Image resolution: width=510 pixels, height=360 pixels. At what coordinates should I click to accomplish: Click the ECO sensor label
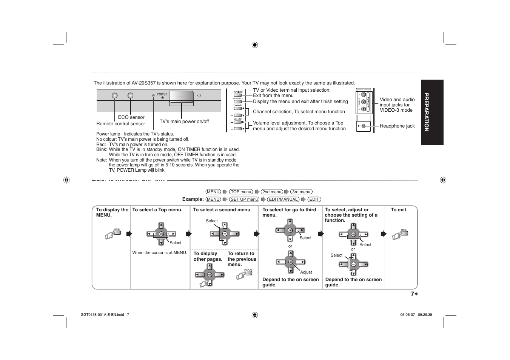tap(131, 117)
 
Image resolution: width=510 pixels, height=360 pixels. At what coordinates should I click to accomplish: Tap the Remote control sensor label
tap(120, 124)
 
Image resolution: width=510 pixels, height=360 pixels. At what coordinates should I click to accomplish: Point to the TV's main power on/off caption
tap(184, 122)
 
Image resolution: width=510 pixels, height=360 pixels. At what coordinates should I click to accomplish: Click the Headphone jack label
tap(397, 126)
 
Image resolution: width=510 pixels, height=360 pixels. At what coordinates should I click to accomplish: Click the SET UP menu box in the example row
tap(244, 200)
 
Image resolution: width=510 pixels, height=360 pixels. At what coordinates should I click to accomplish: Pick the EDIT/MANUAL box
tap(283, 200)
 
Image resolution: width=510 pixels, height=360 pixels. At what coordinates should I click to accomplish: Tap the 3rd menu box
tap(301, 192)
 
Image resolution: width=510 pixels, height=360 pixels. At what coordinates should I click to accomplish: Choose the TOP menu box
tap(241, 192)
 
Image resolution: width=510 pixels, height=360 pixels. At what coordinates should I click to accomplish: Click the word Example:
tap(193, 200)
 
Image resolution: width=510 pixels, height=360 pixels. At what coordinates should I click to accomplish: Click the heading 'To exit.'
tap(399, 210)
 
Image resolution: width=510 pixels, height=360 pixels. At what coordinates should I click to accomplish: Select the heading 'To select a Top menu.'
tap(157, 210)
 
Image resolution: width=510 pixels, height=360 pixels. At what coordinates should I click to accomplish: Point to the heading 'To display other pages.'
tap(208, 257)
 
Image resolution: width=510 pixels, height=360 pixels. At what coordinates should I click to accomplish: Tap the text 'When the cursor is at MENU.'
tap(159, 253)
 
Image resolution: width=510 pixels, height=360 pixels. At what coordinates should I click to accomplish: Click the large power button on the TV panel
tap(181, 97)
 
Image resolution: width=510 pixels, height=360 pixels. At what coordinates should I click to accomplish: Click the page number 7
tap(412, 294)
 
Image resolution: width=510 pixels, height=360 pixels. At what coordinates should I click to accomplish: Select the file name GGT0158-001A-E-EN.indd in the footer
tap(102, 315)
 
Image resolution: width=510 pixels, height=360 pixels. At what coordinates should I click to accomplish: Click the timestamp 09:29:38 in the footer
tap(425, 315)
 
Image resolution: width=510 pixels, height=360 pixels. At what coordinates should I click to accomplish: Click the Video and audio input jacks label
tap(397, 105)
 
